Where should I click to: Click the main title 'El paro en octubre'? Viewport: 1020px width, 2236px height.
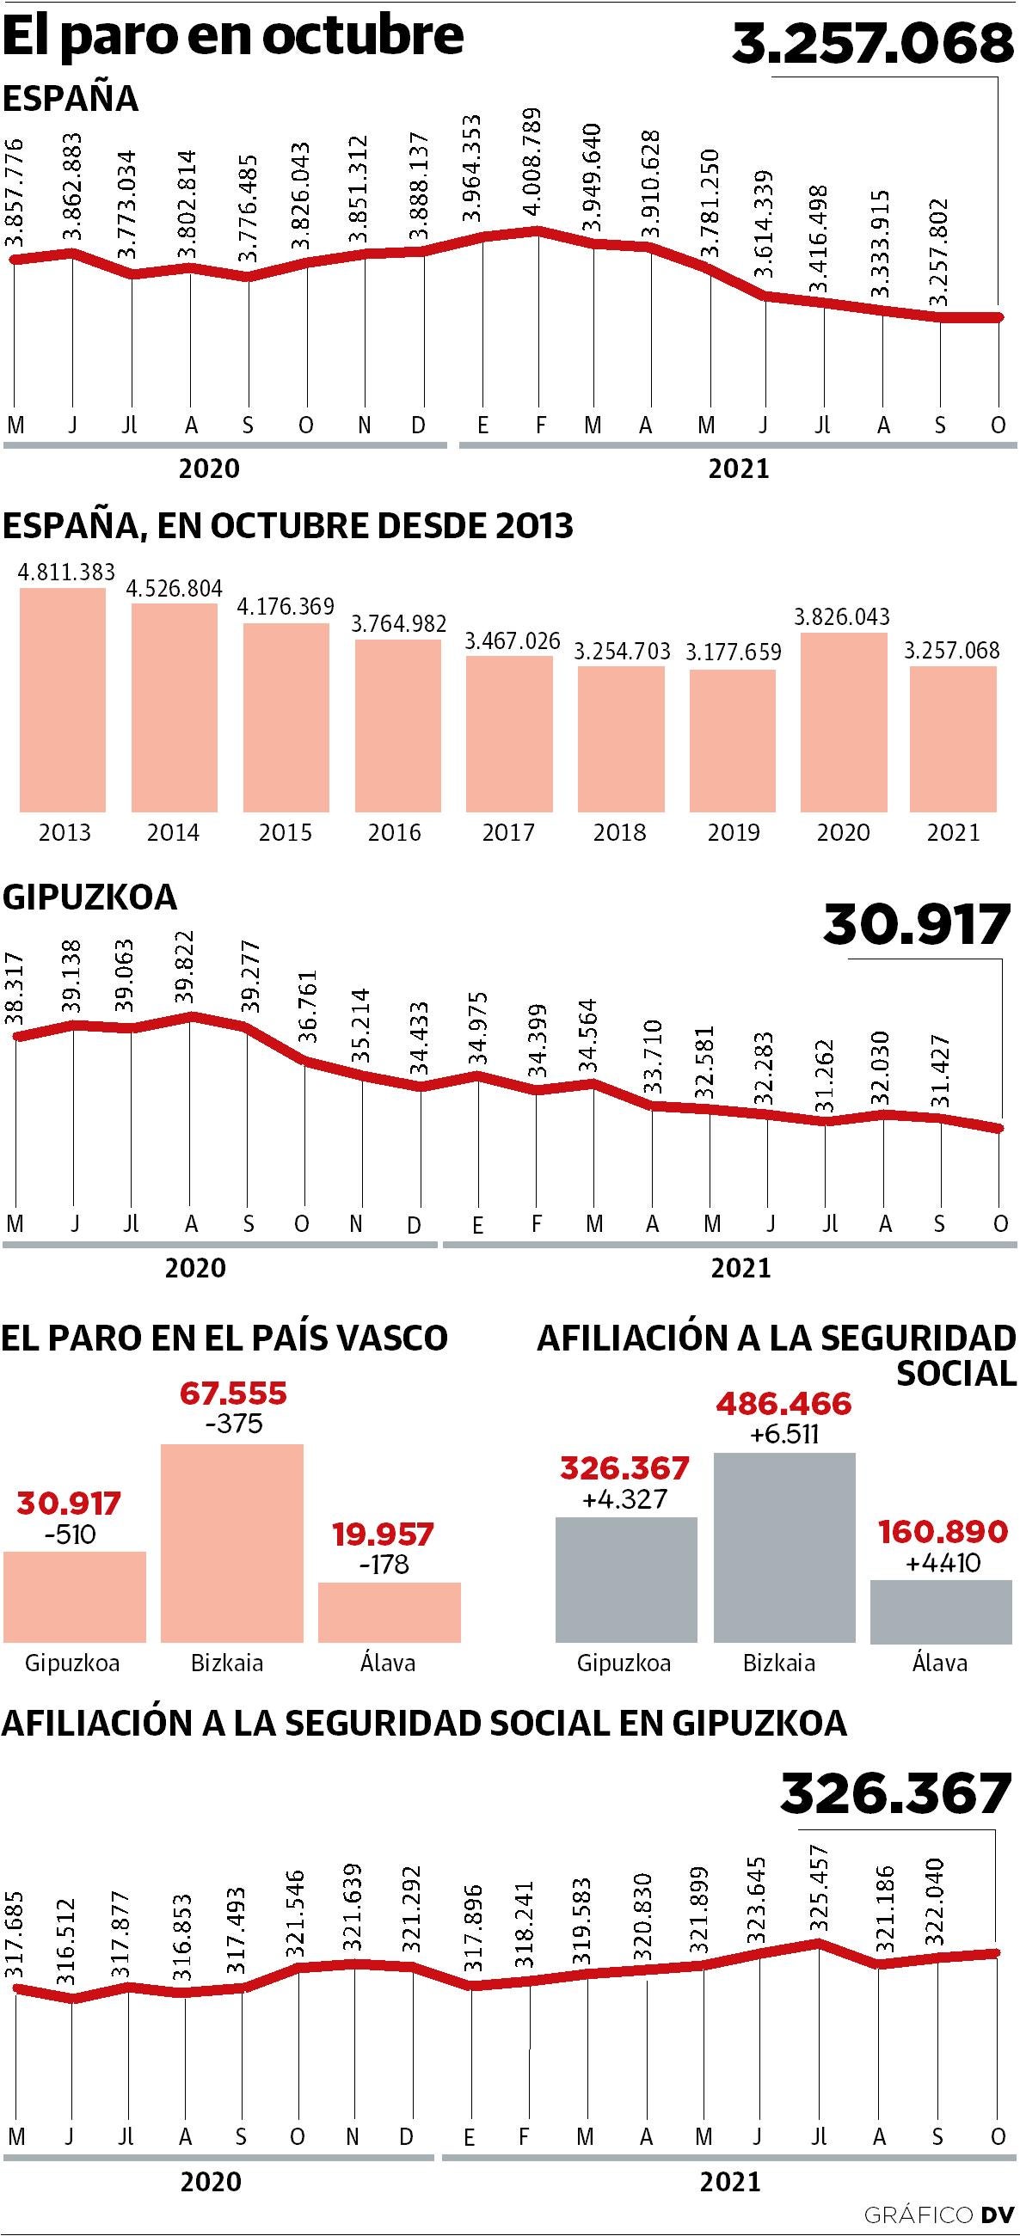coord(233,35)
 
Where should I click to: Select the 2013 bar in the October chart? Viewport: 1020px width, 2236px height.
coord(63,700)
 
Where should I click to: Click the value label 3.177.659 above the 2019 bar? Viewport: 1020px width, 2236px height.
coord(734,652)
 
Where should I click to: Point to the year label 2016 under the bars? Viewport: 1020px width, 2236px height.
coord(394,832)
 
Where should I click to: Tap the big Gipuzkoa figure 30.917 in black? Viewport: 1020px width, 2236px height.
coord(917,924)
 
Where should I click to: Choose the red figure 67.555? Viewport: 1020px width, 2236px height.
coord(233,1394)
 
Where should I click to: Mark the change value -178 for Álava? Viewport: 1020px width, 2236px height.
coord(384,1564)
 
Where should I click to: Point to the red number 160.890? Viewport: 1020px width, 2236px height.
coord(943,1532)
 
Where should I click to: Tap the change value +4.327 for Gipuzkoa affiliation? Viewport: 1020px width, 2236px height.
coord(624,1499)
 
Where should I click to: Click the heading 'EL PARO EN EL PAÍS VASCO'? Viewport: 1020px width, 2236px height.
coord(224,1338)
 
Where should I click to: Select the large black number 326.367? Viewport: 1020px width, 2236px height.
coord(896,1795)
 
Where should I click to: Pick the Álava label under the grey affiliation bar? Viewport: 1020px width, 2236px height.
coord(939,1663)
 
